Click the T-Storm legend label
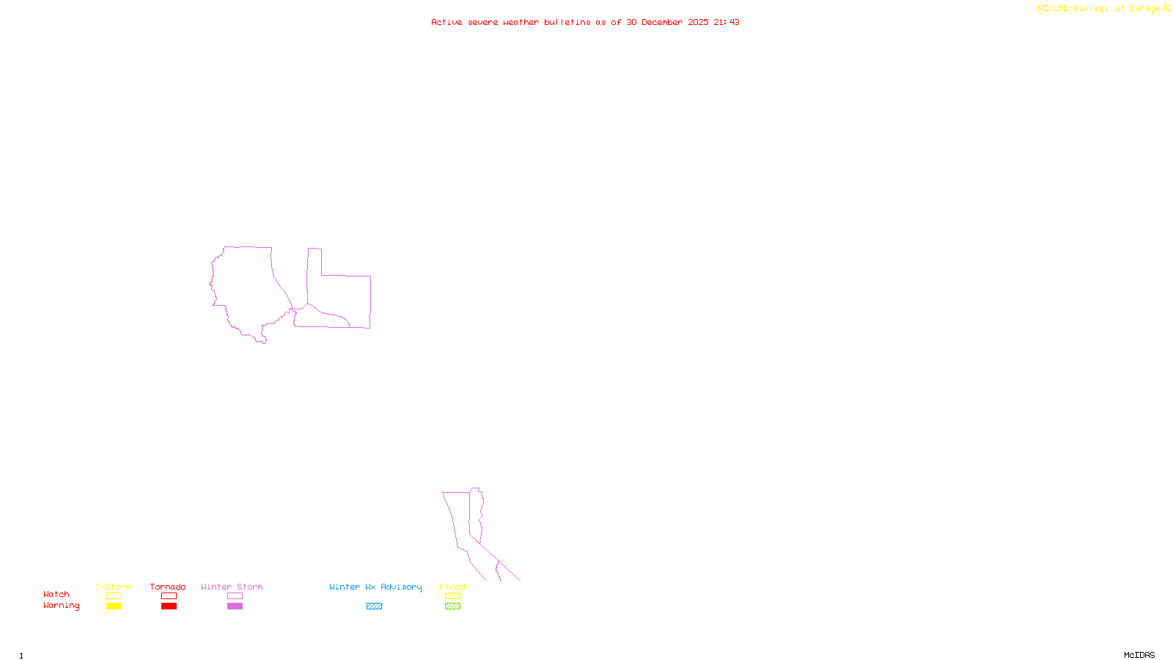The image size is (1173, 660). pyautogui.click(x=113, y=587)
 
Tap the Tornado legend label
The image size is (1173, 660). pyautogui.click(x=168, y=587)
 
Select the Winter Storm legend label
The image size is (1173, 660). pyautogui.click(x=232, y=587)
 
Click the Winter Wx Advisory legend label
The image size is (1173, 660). pyautogui.click(x=375, y=587)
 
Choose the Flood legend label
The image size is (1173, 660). pyautogui.click(x=452, y=587)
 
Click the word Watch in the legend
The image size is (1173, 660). pyautogui.click(x=56, y=594)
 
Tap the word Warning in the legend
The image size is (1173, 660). pyautogui.click(x=61, y=606)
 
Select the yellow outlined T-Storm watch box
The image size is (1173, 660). pyautogui.click(x=114, y=596)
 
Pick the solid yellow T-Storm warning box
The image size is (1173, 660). pyautogui.click(x=114, y=606)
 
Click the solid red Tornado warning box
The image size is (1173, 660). pyautogui.click(x=169, y=606)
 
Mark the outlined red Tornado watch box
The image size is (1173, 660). pyautogui.click(x=169, y=596)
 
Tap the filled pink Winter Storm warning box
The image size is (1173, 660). pyautogui.click(x=235, y=606)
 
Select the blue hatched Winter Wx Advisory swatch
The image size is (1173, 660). pyautogui.click(x=374, y=606)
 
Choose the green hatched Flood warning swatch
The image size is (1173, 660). pyautogui.click(x=452, y=606)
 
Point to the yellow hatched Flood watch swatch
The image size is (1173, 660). pyautogui.click(x=452, y=596)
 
